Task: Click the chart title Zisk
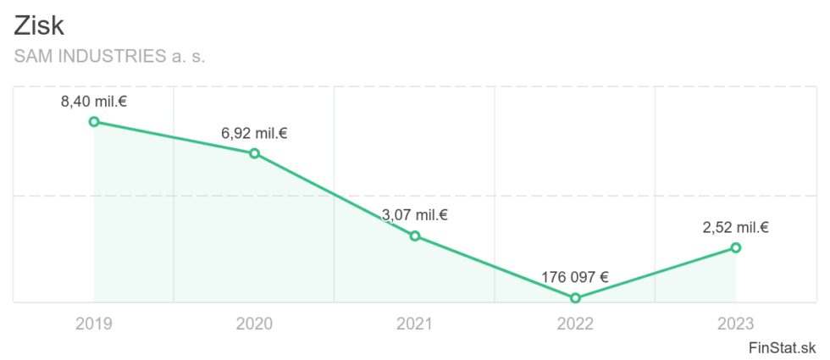point(39,25)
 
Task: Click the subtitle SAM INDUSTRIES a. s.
point(110,57)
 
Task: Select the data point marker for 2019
point(94,121)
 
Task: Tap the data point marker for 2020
point(254,153)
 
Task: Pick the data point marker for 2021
point(415,235)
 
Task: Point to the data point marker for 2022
point(576,298)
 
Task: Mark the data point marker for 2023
point(736,247)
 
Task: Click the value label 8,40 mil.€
point(94,102)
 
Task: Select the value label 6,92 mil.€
point(254,133)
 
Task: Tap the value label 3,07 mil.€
point(415,215)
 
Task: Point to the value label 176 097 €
point(575,277)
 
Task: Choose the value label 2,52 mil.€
point(735,227)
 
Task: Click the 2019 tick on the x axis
point(93,324)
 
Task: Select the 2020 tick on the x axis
point(254,324)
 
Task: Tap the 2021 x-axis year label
point(414,324)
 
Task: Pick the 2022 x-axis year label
point(575,324)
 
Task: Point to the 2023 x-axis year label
point(735,324)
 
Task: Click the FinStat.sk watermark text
point(783,347)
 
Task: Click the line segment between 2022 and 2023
point(656,273)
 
